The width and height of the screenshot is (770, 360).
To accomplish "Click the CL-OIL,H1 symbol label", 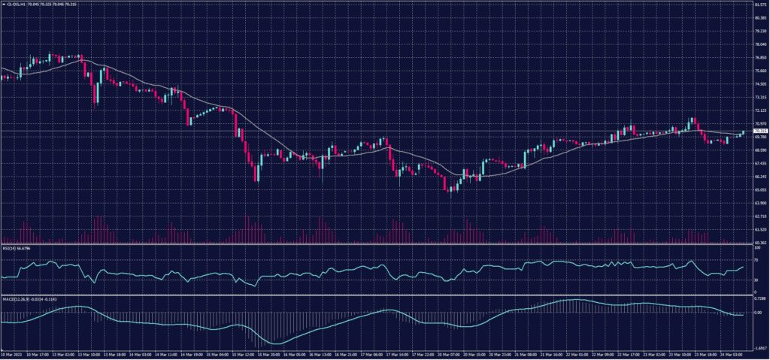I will point(15,4).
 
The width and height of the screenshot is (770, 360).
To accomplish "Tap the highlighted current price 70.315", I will point(760,131).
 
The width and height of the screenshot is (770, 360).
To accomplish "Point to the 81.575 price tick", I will point(760,5).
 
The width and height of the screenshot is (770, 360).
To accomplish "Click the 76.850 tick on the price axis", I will point(760,58).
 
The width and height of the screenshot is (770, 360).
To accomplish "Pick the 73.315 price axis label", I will point(760,98).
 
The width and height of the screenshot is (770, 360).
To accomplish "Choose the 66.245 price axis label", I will point(760,176).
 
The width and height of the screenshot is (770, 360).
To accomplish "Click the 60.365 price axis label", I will point(760,243).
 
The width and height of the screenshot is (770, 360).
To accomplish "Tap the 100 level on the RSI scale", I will point(756,247).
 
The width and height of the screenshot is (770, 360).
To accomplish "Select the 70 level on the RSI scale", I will point(756,260).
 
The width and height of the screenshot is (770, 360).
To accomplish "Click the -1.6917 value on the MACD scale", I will point(759,348).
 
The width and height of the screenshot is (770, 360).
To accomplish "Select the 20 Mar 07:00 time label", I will point(446,355).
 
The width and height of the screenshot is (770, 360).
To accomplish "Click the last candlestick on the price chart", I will point(744,133).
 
